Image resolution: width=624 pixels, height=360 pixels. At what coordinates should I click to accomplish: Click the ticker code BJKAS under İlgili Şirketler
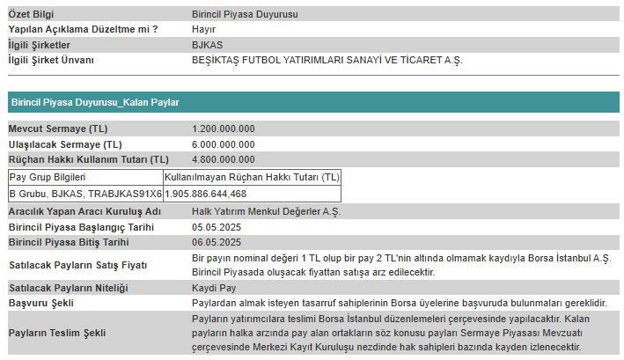click(207, 45)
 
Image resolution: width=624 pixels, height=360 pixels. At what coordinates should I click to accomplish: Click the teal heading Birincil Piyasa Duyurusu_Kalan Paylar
click(95, 102)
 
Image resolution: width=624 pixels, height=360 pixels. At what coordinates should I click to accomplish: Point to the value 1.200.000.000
click(224, 129)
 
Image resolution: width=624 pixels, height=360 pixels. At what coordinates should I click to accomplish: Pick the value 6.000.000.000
click(224, 143)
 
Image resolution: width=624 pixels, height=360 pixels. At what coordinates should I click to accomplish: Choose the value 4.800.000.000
click(224, 159)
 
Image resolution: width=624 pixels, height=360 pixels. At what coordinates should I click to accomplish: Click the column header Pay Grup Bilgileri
click(48, 177)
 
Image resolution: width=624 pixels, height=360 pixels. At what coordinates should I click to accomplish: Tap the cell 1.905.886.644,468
click(206, 193)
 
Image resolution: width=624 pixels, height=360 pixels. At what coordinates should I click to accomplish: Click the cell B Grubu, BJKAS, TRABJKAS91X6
click(85, 193)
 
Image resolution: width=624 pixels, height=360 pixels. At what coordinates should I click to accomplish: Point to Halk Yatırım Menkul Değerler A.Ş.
click(266, 212)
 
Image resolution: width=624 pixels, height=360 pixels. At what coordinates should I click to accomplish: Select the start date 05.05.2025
click(217, 227)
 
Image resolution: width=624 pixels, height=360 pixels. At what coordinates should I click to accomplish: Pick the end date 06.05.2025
click(217, 242)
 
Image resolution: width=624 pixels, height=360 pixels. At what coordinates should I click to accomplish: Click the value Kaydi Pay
click(214, 288)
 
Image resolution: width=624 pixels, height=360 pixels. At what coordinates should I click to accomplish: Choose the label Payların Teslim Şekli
click(57, 333)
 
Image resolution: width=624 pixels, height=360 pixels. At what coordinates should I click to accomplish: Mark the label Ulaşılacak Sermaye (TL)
click(65, 143)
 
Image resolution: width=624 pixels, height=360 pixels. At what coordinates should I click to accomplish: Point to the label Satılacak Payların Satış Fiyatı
click(78, 265)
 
